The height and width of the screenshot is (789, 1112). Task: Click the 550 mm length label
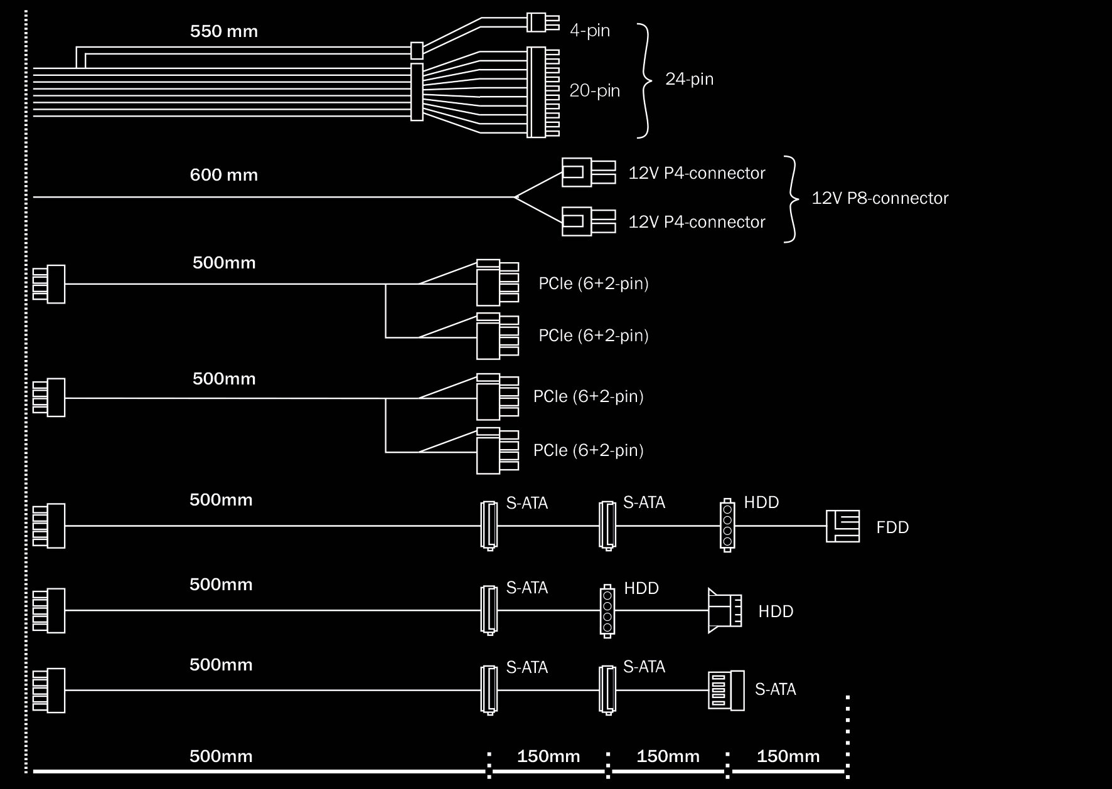(x=224, y=31)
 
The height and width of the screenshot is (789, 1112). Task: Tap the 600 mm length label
(x=224, y=174)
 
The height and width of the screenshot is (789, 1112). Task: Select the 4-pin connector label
(x=590, y=31)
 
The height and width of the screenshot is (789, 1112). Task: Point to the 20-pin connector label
(x=595, y=91)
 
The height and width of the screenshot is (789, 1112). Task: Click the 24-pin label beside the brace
(x=689, y=79)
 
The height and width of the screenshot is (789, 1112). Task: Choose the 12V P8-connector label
(x=880, y=198)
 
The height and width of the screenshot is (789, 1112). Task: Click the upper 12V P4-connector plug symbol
(x=588, y=172)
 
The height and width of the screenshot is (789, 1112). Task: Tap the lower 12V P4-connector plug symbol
(x=588, y=221)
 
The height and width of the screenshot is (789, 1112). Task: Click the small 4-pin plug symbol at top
(x=543, y=23)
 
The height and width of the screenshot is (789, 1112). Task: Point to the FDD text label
(x=892, y=527)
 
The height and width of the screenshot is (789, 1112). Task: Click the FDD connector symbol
(x=842, y=526)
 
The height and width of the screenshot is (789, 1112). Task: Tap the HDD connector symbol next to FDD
(x=727, y=526)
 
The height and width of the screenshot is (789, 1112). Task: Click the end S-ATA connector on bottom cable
(x=726, y=691)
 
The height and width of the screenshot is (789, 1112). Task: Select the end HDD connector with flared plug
(x=725, y=610)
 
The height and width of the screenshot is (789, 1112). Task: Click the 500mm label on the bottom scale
(x=221, y=756)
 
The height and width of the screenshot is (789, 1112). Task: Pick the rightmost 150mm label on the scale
(x=788, y=756)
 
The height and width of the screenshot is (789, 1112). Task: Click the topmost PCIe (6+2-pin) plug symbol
(x=498, y=282)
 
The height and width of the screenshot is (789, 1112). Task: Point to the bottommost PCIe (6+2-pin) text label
(x=589, y=450)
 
